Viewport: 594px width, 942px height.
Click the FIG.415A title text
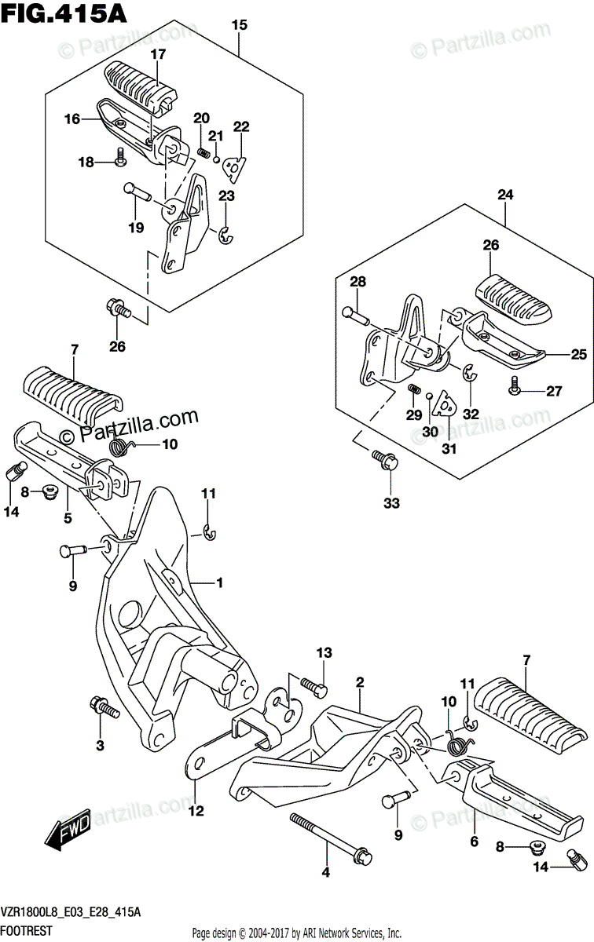pyautogui.click(x=60, y=13)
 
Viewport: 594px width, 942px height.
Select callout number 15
pyautogui.click(x=239, y=25)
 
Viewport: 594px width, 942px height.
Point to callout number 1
pyautogui.click(x=220, y=582)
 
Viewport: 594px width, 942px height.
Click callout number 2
pyautogui.click(x=359, y=682)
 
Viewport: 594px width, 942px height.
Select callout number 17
pyautogui.click(x=159, y=54)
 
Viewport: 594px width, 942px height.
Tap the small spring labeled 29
pyautogui.click(x=414, y=390)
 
